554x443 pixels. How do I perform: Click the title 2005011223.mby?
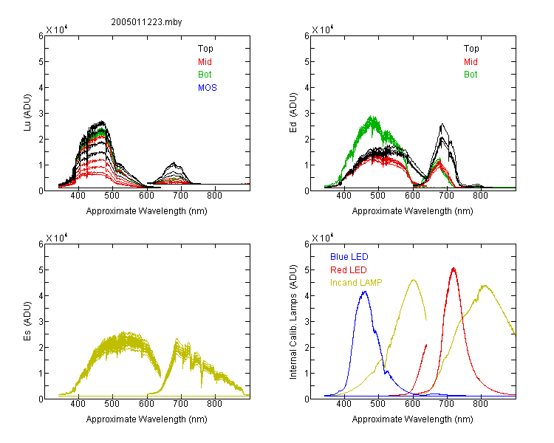[x=146, y=22]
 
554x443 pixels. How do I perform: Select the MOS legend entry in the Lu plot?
[x=208, y=88]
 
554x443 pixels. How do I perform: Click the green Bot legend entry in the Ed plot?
[x=471, y=75]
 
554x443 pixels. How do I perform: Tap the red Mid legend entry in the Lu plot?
[x=205, y=62]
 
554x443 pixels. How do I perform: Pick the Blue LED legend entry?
[x=349, y=257]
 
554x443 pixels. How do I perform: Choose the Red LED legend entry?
[x=349, y=270]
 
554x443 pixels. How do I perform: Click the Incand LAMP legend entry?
[x=356, y=283]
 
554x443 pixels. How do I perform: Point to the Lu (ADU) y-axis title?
[x=27, y=113]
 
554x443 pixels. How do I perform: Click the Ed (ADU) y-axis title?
[x=293, y=113]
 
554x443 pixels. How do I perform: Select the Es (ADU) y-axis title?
[x=27, y=321]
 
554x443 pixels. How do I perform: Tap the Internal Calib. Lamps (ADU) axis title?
[x=293, y=321]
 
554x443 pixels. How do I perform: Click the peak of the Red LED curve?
[x=454, y=269]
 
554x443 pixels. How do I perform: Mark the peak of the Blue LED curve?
[x=365, y=292]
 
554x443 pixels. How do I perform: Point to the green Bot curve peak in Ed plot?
[x=372, y=116]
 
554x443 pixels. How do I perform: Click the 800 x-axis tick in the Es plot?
[x=214, y=404]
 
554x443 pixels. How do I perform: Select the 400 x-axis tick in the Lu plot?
[x=78, y=196]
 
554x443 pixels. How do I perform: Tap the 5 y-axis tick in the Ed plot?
[x=307, y=62]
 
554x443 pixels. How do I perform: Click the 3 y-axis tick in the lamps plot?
[x=307, y=321]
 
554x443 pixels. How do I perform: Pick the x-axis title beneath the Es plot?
[x=147, y=419]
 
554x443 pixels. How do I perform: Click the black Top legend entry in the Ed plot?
[x=471, y=49]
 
